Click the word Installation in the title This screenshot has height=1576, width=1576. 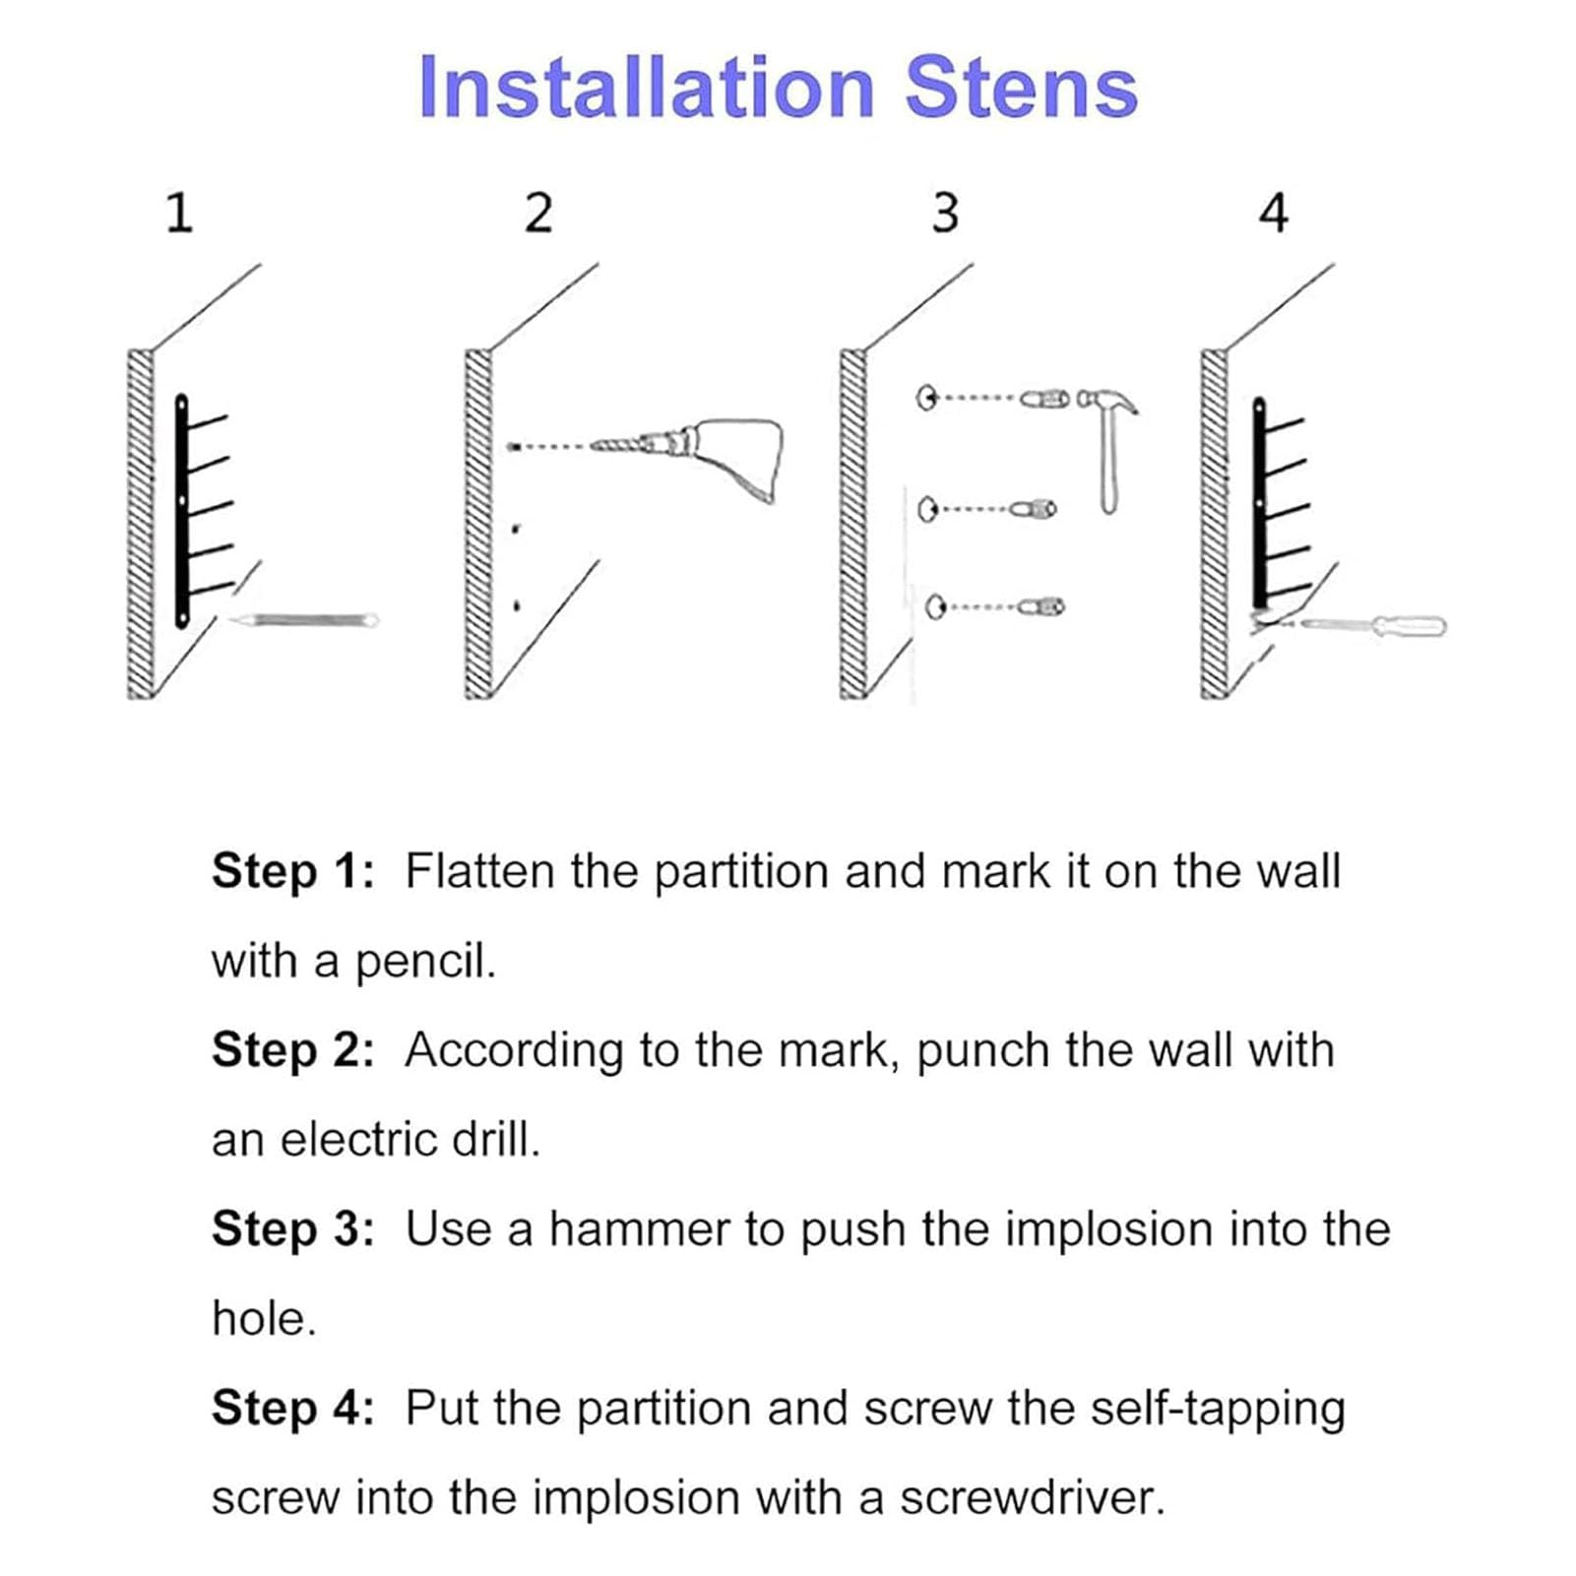(x=647, y=88)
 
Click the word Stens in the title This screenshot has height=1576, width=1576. (x=1022, y=88)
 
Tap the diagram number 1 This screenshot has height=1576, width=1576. (x=178, y=213)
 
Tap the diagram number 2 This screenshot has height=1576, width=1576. (x=538, y=213)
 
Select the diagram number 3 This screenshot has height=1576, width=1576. (x=945, y=213)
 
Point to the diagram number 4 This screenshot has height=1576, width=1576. (x=1274, y=213)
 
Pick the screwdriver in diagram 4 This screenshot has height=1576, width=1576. (x=1373, y=624)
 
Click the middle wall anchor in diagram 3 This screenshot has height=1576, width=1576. (x=1039, y=509)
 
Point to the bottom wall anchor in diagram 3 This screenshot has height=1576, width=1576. (x=1043, y=606)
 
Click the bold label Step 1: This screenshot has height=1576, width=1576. (x=293, y=872)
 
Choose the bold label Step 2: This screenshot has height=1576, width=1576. (x=293, y=1050)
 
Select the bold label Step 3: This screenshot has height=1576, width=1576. (x=293, y=1229)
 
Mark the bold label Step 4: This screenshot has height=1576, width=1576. (x=293, y=1409)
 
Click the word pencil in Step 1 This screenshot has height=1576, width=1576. (x=424, y=963)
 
